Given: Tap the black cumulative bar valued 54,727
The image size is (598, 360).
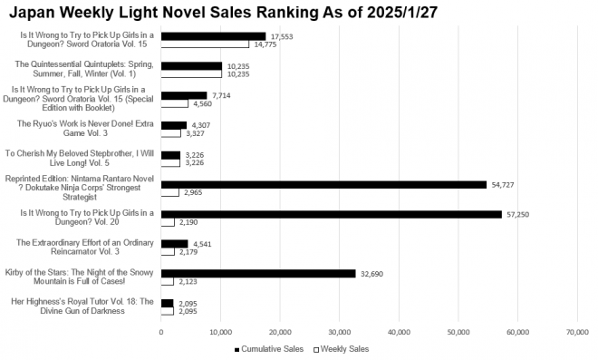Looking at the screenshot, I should pyautogui.click(x=323, y=184).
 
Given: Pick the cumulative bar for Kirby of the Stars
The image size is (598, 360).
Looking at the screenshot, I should pyautogui.click(x=258, y=273).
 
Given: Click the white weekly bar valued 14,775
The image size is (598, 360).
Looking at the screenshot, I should pyautogui.click(x=205, y=44).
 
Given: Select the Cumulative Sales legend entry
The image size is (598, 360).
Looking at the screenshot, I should pyautogui.click(x=269, y=348).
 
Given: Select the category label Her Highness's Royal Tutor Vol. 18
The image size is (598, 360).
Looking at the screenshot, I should pyautogui.click(x=81, y=306).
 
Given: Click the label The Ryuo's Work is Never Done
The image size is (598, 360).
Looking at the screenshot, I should pyautogui.click(x=81, y=128).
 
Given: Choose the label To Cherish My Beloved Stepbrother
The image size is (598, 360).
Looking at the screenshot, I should pyautogui.click(x=81, y=158).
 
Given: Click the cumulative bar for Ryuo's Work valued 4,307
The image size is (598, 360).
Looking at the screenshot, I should pyautogui.click(x=174, y=124).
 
